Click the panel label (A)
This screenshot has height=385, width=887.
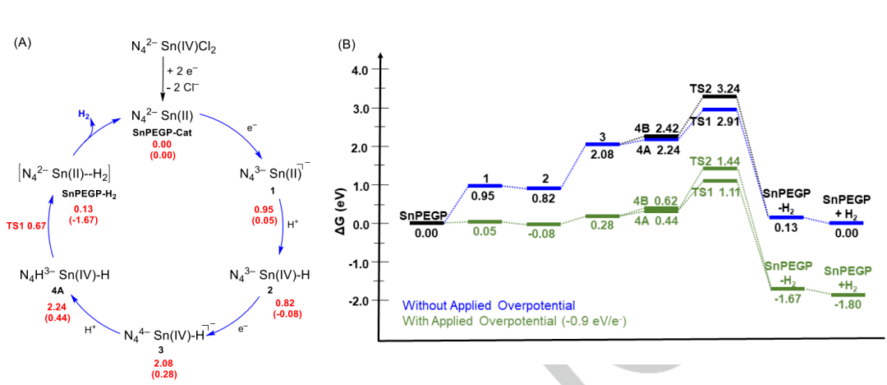pos(24,43)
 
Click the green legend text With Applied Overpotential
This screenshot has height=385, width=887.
pos(500,319)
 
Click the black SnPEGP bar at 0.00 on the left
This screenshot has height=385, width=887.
pos(427,222)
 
